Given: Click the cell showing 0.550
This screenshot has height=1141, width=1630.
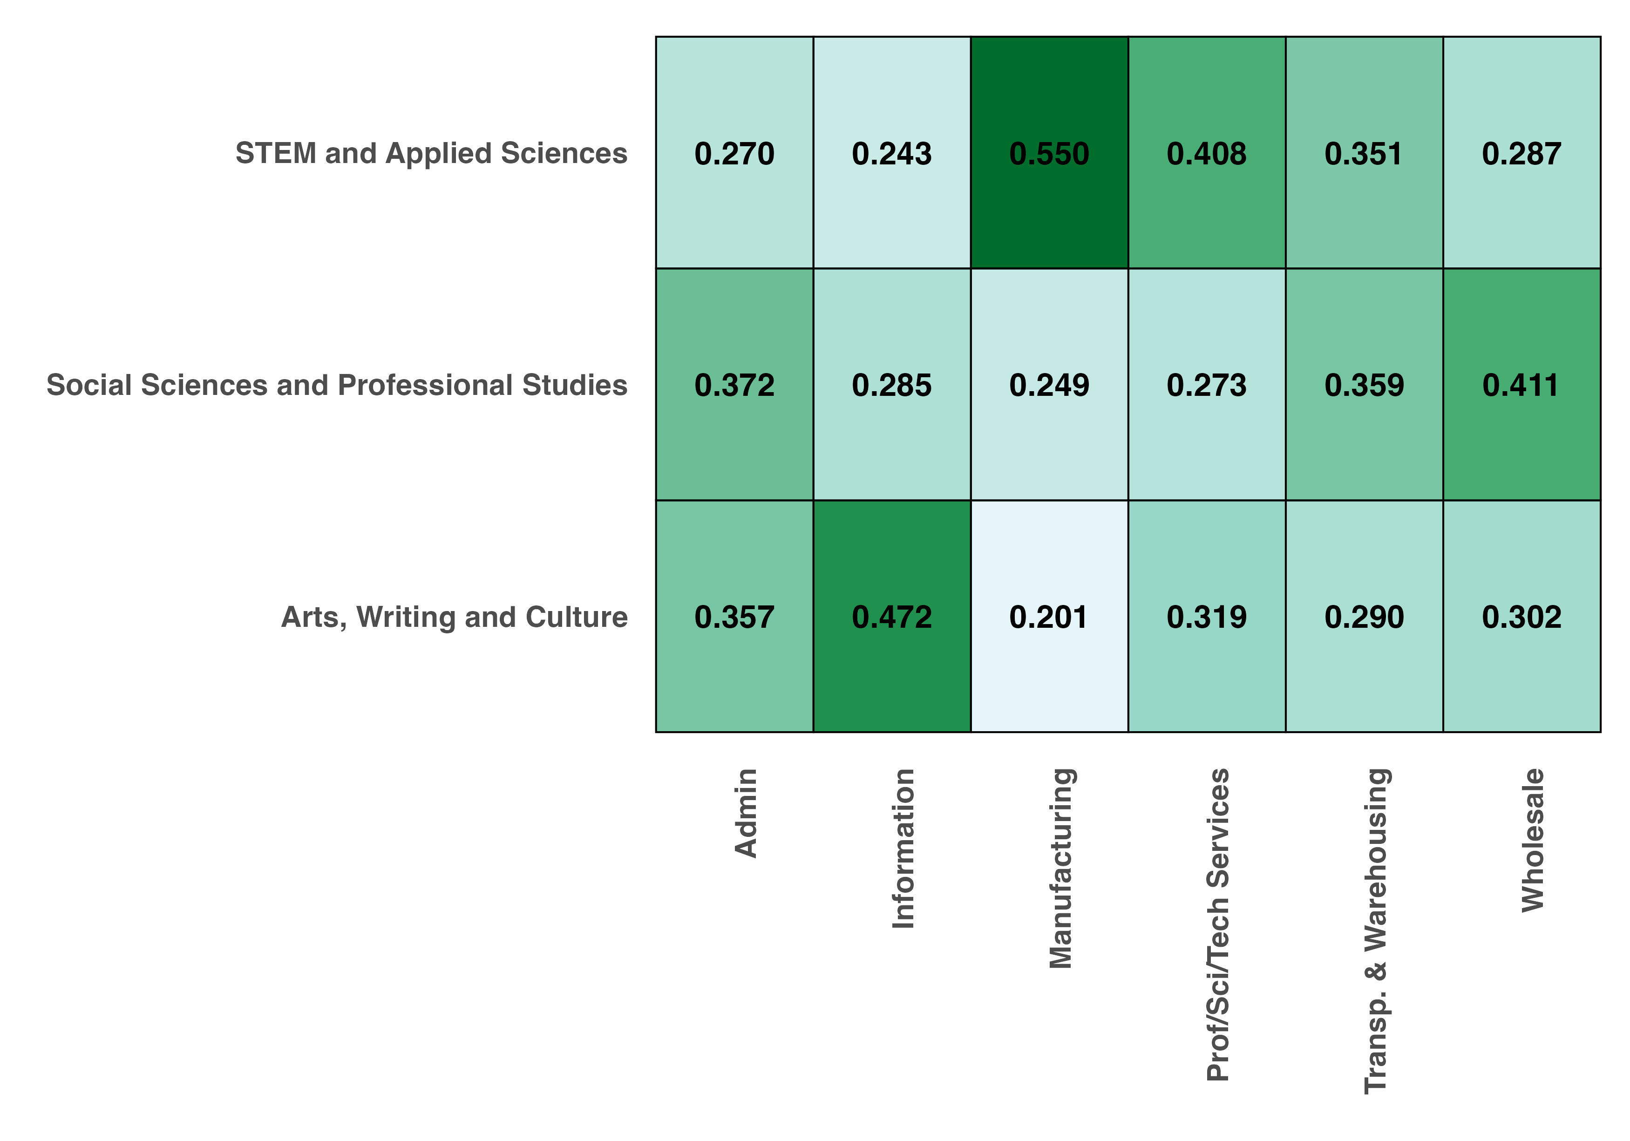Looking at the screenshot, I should (x=1049, y=153).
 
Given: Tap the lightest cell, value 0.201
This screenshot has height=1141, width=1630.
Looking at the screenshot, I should (x=1049, y=616).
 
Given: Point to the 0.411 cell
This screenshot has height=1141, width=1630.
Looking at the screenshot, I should (x=1521, y=385).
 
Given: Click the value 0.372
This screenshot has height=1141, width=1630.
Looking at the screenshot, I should (x=734, y=385).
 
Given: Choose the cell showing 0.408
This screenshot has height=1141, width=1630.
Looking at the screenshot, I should (x=1206, y=153).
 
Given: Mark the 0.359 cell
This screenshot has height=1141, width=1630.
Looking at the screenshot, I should (x=1364, y=385).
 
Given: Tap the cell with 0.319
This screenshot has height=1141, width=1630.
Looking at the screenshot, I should (x=1206, y=616).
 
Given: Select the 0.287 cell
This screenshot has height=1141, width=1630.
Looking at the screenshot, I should (x=1521, y=153).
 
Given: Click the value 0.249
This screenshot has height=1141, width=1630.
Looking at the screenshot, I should (x=1049, y=385).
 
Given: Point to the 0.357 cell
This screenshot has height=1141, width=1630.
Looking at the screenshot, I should (x=734, y=616).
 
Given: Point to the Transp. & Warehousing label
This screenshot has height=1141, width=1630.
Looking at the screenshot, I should (x=1376, y=930).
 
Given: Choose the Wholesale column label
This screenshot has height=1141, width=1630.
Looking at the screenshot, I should (x=1534, y=840).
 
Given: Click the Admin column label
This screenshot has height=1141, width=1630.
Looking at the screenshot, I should (x=746, y=813).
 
